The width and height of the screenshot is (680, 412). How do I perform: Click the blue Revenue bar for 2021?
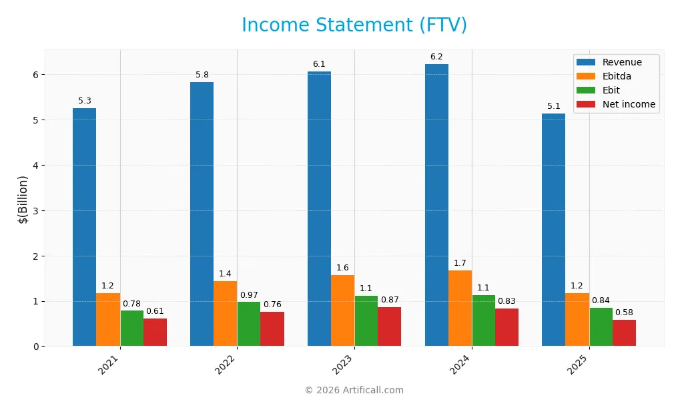[x=84, y=227]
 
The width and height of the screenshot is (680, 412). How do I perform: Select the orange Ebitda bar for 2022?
[x=225, y=314]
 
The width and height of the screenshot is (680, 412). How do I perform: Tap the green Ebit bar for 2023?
[x=366, y=321]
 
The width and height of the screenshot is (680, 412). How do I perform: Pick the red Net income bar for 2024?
[x=506, y=327]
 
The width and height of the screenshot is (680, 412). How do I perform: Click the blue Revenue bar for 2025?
[x=553, y=230]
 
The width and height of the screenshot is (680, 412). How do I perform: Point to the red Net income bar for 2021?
[x=155, y=333]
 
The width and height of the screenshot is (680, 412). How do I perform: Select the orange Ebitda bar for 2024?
[x=460, y=308]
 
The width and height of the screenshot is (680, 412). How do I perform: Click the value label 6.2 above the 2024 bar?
[x=436, y=57]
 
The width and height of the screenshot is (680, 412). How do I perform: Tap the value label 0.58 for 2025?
[x=624, y=313]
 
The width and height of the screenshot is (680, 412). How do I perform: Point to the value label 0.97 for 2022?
[x=249, y=294]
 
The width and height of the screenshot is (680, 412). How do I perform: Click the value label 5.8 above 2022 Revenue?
[x=202, y=75]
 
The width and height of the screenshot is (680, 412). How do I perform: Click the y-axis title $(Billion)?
[x=23, y=199]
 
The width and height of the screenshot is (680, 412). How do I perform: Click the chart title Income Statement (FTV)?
[x=354, y=25]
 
